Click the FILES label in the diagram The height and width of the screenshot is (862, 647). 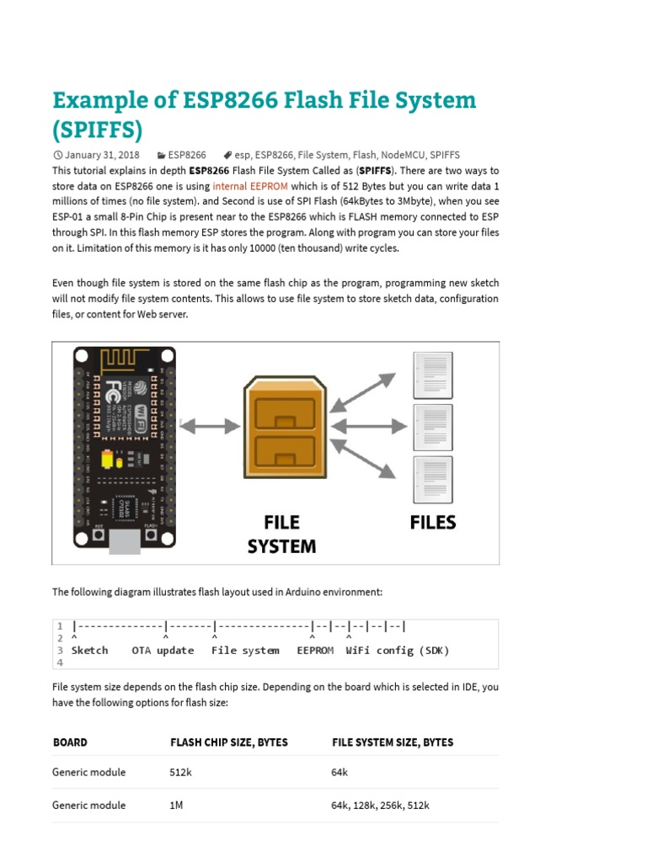coord(433,523)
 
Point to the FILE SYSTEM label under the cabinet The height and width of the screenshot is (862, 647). coord(281,535)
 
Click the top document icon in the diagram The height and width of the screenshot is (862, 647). coord(429,378)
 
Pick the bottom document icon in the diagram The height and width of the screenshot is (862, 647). coord(429,481)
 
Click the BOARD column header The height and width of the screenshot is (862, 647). coord(70,742)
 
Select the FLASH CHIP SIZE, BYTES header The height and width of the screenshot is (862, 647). coord(228,742)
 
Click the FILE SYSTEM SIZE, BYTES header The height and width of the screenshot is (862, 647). coord(393,742)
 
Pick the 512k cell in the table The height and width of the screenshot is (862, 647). coord(181,772)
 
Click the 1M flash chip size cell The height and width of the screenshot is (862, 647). coord(176,806)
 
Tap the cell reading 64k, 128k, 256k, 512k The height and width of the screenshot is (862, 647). coord(380,806)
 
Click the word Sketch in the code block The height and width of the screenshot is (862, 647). coord(90,651)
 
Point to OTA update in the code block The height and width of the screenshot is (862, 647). coord(163,651)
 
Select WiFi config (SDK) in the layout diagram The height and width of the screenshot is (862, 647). coord(398,651)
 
